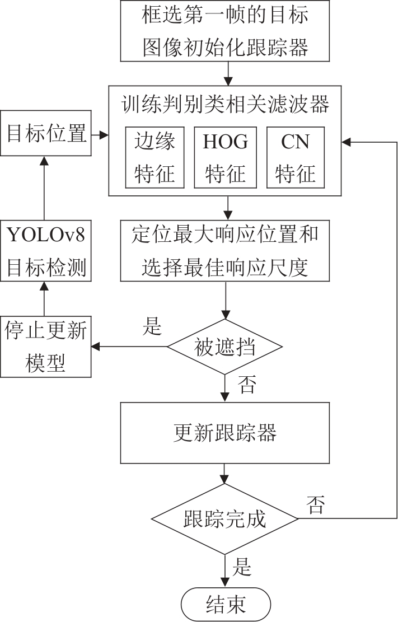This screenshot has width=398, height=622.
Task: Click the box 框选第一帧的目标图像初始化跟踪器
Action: (x=224, y=30)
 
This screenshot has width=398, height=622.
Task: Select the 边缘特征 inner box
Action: (x=155, y=157)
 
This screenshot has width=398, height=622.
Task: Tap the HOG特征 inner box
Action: (x=226, y=157)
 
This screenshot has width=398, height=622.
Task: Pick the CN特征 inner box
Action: (x=295, y=157)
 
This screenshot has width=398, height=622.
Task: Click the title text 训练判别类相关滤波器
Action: (x=224, y=105)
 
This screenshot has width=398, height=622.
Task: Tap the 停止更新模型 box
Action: (x=46, y=347)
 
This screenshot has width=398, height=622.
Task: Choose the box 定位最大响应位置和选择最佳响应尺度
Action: (x=224, y=251)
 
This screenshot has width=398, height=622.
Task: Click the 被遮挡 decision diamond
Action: (x=225, y=348)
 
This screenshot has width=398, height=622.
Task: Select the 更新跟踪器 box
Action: (x=224, y=433)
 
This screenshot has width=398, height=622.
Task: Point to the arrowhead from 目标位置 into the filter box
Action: (x=104, y=135)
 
